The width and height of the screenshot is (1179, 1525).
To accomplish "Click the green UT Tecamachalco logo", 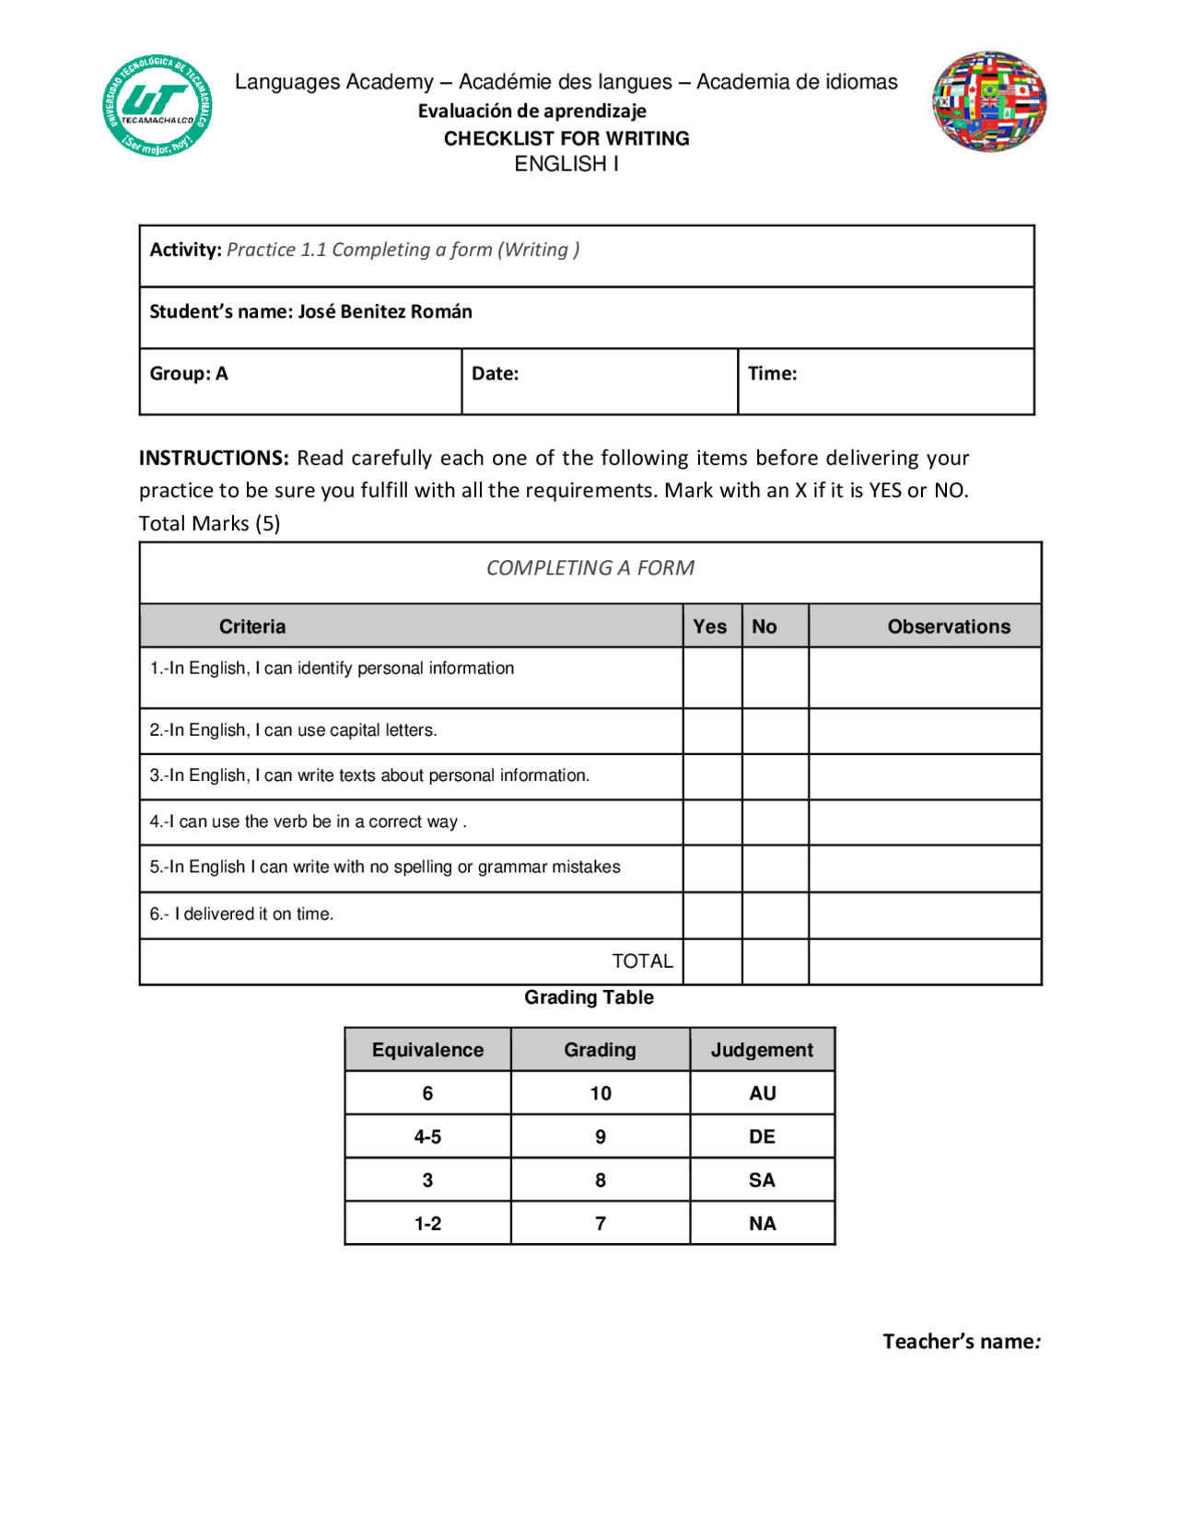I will pos(158,105).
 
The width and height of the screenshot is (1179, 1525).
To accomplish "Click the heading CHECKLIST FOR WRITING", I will pos(566,138).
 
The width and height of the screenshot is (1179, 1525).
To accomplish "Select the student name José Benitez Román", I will pos(385,311).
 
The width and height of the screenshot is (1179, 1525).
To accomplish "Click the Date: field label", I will pos(496,374).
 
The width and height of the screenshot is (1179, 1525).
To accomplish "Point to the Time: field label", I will pos(772,374).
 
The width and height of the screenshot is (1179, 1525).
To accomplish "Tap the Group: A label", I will pos(189,374).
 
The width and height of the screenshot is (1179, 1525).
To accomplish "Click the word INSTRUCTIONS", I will pos(214,458).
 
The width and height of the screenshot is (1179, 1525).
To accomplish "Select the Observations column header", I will pos(949,626).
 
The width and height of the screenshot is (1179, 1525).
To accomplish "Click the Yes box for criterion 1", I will pos(712,678).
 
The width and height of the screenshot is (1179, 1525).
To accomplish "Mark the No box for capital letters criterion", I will pos(775,731).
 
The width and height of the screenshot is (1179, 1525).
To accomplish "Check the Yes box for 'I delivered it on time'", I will pos(712,915).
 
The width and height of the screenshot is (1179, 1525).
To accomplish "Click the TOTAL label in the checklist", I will pos(642,961).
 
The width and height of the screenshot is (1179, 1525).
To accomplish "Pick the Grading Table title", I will pos(589,997).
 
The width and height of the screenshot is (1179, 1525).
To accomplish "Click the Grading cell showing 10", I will pos(601,1093).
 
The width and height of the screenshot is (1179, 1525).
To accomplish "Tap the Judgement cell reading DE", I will pos(762,1136).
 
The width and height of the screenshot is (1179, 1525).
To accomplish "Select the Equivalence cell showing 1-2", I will pos(427,1223).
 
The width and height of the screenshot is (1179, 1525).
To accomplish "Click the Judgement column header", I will pos(762,1050).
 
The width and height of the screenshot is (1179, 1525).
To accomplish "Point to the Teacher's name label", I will pos(961,1342).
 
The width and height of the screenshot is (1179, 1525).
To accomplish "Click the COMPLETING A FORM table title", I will pos(590,568).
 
